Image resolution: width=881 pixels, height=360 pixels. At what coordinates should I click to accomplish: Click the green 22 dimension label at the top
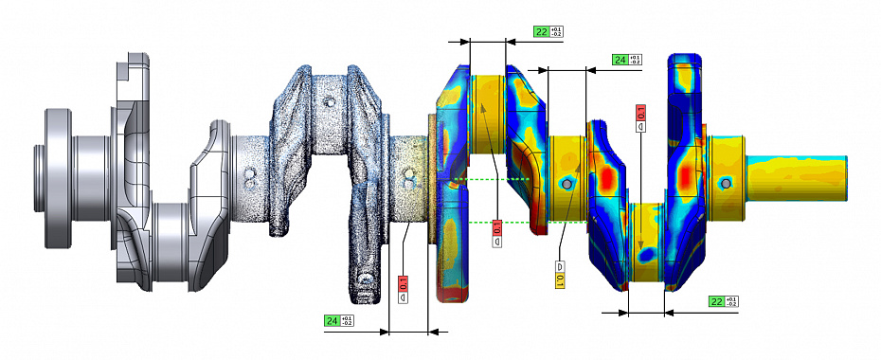click(x=541, y=31)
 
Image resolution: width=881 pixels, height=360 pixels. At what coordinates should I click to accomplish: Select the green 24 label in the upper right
click(x=620, y=60)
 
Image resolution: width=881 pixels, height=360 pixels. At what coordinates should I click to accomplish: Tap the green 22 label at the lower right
click(x=717, y=301)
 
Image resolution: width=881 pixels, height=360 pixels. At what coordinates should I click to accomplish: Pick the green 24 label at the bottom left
click(x=333, y=321)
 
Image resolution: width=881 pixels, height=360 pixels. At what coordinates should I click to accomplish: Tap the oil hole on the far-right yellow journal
click(x=725, y=183)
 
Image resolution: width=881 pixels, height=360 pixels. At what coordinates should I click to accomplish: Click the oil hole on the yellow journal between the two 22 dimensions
click(x=566, y=183)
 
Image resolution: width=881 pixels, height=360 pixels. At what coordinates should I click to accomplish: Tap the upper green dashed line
click(x=493, y=179)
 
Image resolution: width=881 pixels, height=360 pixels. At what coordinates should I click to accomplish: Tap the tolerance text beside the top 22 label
click(x=556, y=31)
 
